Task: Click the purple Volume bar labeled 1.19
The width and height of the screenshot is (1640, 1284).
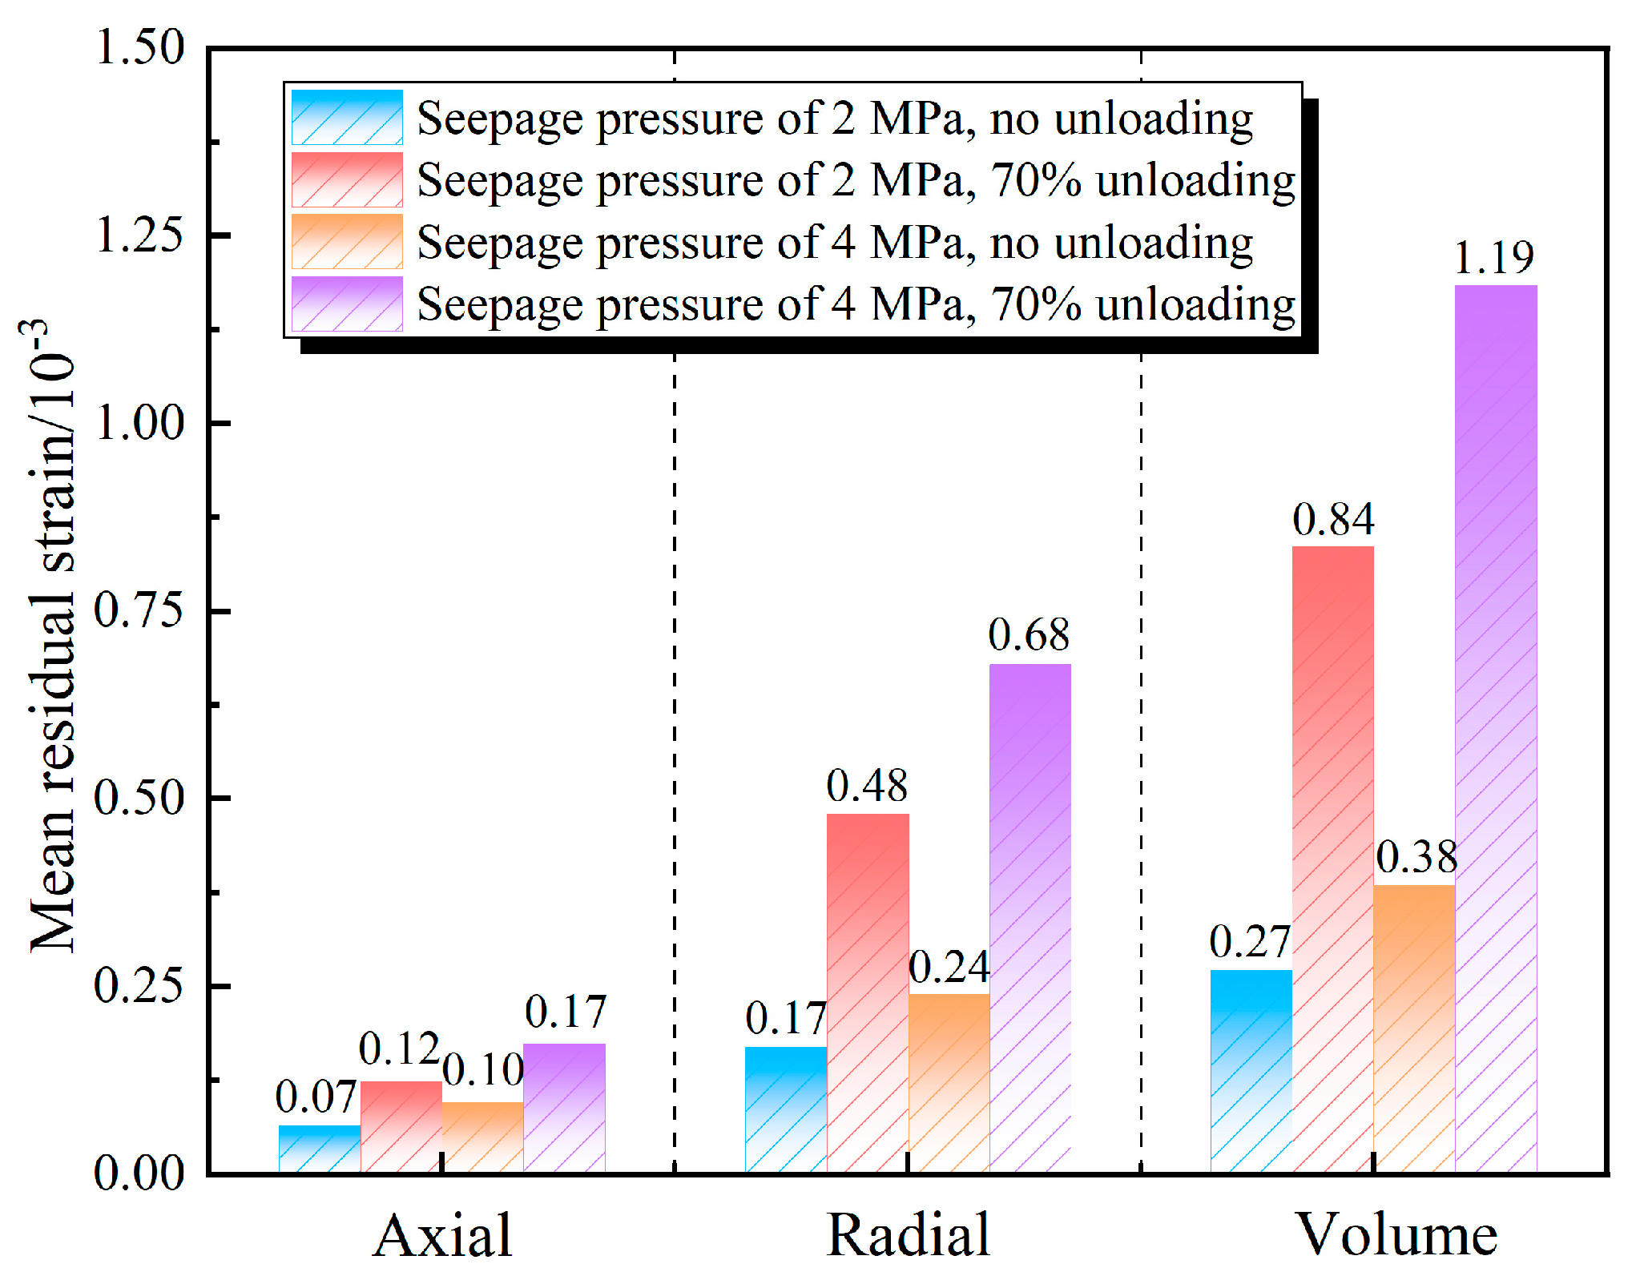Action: pyautogui.click(x=1496, y=729)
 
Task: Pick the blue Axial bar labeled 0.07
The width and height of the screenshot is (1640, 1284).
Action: pyautogui.click(x=320, y=1149)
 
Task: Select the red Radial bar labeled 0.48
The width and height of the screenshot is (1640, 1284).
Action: pyautogui.click(x=868, y=993)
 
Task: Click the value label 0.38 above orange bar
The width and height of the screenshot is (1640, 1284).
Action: pyautogui.click(x=1416, y=857)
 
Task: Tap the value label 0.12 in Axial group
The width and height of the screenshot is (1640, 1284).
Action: pyautogui.click(x=399, y=1049)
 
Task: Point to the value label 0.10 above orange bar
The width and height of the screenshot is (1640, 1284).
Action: pyautogui.click(x=483, y=1069)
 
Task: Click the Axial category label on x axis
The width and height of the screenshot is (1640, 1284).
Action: pyautogui.click(x=442, y=1235)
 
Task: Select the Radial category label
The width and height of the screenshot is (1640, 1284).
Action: pyautogui.click(x=908, y=1235)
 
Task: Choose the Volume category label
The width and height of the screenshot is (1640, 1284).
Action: pyautogui.click(x=1396, y=1235)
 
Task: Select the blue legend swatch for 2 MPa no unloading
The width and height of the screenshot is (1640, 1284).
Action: pyautogui.click(x=347, y=118)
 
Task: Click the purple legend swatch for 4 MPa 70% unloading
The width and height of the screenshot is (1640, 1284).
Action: pyautogui.click(x=347, y=304)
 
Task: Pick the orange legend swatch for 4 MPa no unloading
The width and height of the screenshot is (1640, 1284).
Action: pyautogui.click(x=347, y=242)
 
